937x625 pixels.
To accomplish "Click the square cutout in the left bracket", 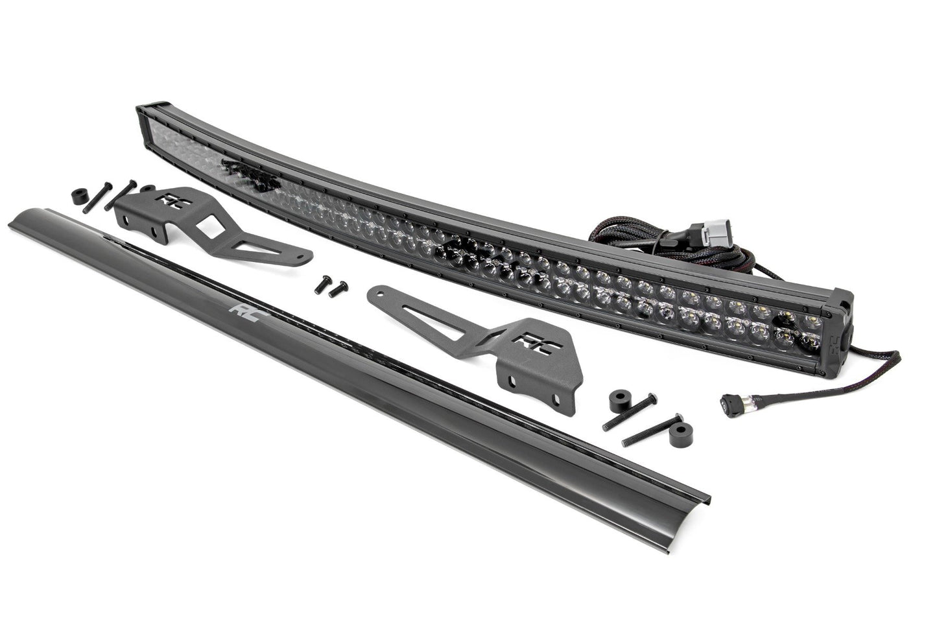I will pos(209,228).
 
